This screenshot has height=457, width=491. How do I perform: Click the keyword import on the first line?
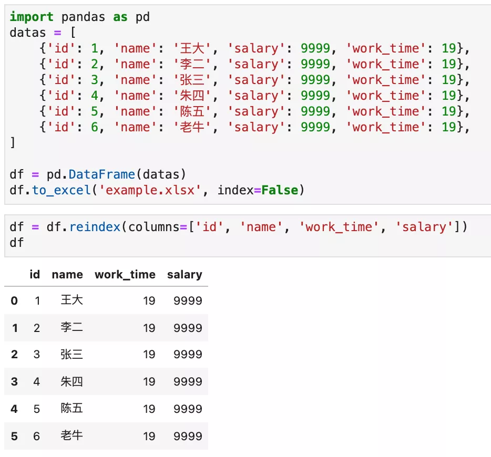coord(32,17)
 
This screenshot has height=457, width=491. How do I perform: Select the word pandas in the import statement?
coord(83,17)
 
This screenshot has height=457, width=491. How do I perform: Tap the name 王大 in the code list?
coord(192,48)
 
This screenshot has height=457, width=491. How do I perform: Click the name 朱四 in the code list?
coord(192,96)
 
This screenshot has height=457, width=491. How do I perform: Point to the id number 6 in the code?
coord(95,127)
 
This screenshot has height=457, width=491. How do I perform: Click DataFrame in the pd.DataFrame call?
coord(102,174)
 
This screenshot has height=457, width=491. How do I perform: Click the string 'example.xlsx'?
coord(150,190)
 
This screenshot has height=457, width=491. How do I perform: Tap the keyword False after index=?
coord(280,190)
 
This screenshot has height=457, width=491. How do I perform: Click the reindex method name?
coord(95,227)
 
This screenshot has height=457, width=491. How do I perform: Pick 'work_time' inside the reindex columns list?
coord(339,227)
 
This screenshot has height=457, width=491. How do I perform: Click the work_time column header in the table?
coord(125,275)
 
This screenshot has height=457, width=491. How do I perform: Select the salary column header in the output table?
coord(185,275)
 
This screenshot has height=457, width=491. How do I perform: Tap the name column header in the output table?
coord(67,275)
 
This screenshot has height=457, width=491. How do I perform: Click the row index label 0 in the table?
coord(14,300)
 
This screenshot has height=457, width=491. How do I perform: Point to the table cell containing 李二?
coord(71,327)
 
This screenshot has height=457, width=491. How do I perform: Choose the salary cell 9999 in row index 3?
coord(188,381)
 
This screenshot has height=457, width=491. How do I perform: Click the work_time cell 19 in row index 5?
coord(149,437)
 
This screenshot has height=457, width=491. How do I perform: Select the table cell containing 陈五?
coord(71,408)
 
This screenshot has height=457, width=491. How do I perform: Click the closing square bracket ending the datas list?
coord(13,143)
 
